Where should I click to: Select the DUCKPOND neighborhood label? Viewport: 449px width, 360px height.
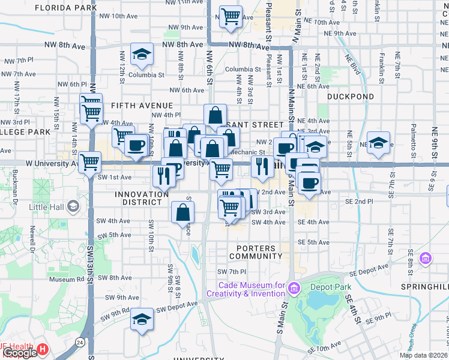(351, 96)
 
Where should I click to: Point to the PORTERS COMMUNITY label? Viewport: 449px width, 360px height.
(256, 252)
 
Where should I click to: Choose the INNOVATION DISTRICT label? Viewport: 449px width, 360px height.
(142, 198)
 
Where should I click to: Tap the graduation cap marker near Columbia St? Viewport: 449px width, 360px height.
(142, 55)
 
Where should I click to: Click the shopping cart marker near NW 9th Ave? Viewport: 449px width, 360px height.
(231, 17)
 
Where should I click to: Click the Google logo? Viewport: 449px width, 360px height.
(20, 353)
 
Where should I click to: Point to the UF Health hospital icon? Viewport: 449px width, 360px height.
(43, 349)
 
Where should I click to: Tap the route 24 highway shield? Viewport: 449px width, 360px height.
(80, 341)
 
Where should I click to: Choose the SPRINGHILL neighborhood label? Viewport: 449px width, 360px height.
(424, 287)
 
